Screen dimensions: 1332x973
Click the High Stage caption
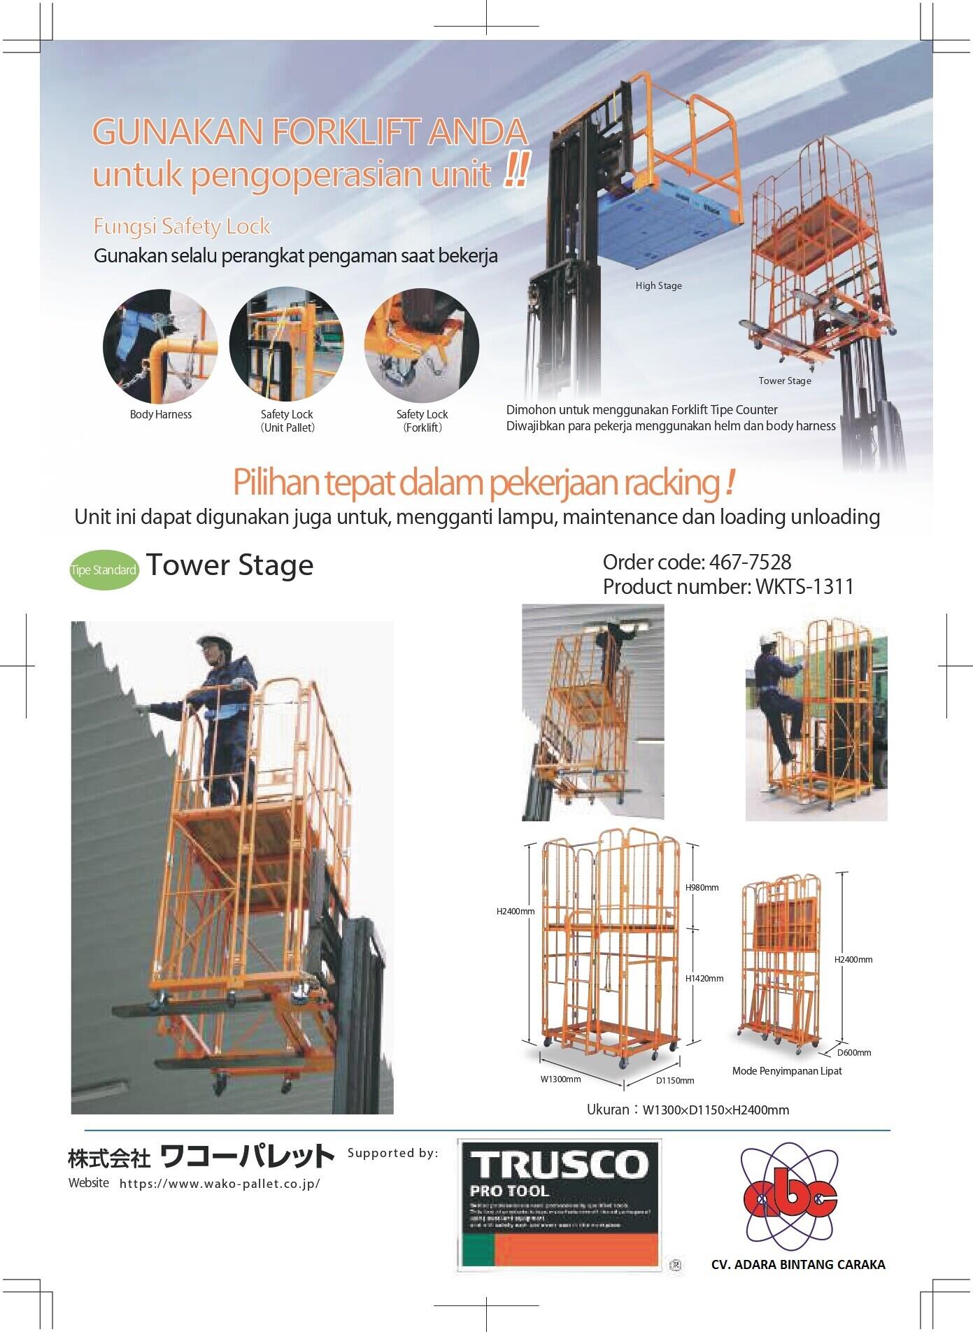pyautogui.click(x=658, y=285)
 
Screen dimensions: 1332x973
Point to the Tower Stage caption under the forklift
pyautogui.click(x=785, y=381)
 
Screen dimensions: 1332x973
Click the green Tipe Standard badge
pyautogui.click(x=104, y=570)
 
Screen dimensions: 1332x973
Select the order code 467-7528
pyautogui.click(x=697, y=562)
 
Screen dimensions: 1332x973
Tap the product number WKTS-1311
pyautogui.click(x=728, y=586)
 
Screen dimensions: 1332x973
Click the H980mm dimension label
pyautogui.click(x=702, y=888)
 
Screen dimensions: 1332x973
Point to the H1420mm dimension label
pyautogui.click(x=704, y=978)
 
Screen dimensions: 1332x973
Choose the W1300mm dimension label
pyautogui.click(x=560, y=1079)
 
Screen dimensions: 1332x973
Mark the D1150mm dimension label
pyautogui.click(x=674, y=1080)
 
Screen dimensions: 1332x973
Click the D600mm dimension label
pyautogui.click(x=854, y=1052)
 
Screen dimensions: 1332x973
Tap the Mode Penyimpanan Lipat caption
pyautogui.click(x=787, y=1071)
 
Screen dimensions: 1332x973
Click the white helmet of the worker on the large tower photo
pyautogui.click(x=209, y=642)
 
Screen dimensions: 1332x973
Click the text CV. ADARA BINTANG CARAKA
pyautogui.click(x=797, y=1264)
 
